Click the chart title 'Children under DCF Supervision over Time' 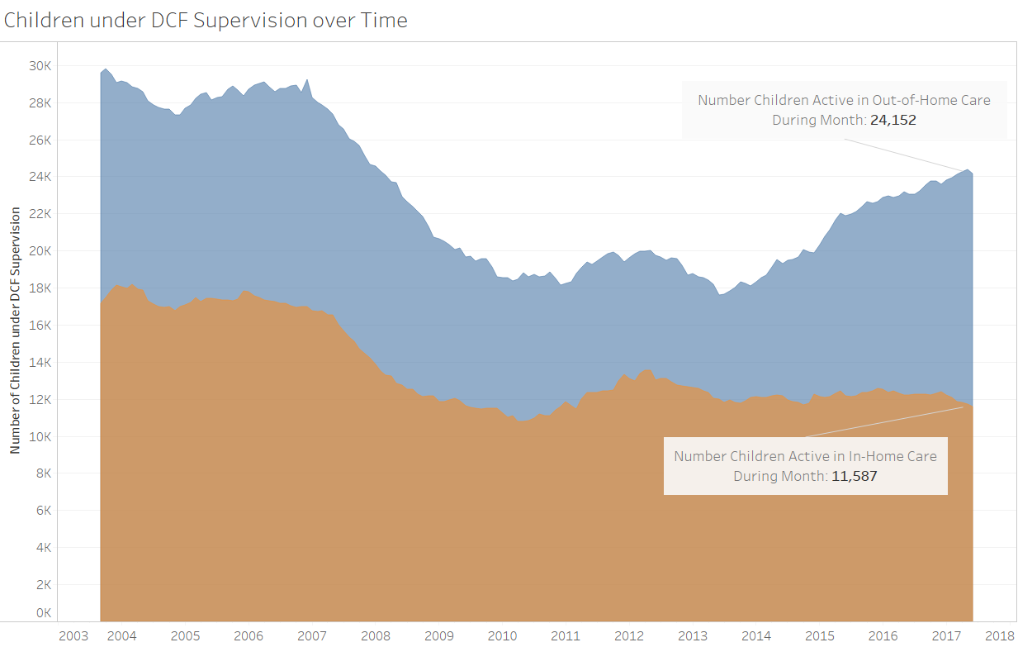[206, 21]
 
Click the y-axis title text [16, 331]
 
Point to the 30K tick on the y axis [40, 66]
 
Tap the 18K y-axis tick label [40, 288]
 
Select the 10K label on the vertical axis [40, 437]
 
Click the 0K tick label [44, 613]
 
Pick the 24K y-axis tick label [40, 177]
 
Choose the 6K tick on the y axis [44, 511]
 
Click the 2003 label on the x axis [73, 635]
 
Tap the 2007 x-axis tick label [312, 635]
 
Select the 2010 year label [502, 635]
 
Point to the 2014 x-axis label [756, 635]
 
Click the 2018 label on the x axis [999, 635]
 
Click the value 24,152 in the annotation [893, 120]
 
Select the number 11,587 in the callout [855, 477]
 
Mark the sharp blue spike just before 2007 [307, 80]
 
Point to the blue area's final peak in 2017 [968, 170]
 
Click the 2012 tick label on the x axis [629, 635]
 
